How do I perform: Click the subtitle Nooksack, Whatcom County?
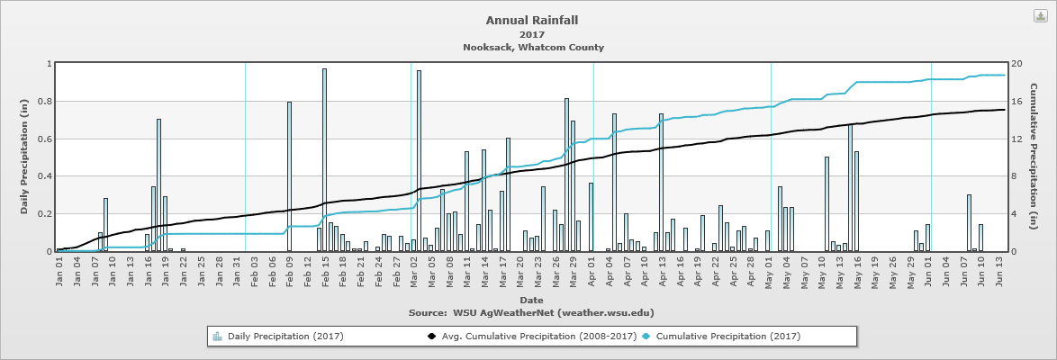(x=533, y=48)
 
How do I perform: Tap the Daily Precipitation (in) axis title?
(x=25, y=157)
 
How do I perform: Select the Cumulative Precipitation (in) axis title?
(x=1033, y=157)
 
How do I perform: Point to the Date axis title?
(x=530, y=299)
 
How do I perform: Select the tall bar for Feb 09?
(x=289, y=176)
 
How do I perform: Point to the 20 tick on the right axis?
(x=1016, y=63)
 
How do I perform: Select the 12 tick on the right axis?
(x=1016, y=139)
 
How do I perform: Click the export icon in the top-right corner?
(x=1039, y=16)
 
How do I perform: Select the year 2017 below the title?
(x=532, y=34)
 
